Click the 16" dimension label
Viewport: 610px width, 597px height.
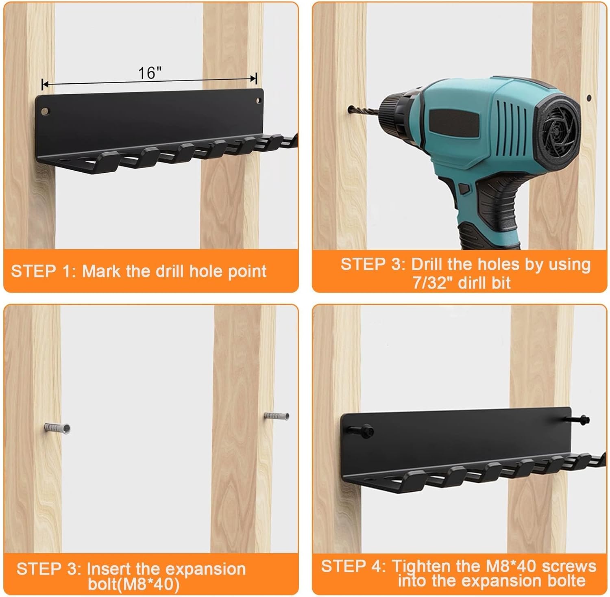point(150,73)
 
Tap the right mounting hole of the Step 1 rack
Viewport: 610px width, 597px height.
point(257,100)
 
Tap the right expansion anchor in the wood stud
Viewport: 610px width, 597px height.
point(276,417)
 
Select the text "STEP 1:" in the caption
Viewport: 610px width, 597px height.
point(44,271)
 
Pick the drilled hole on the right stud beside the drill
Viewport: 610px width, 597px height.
point(589,98)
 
